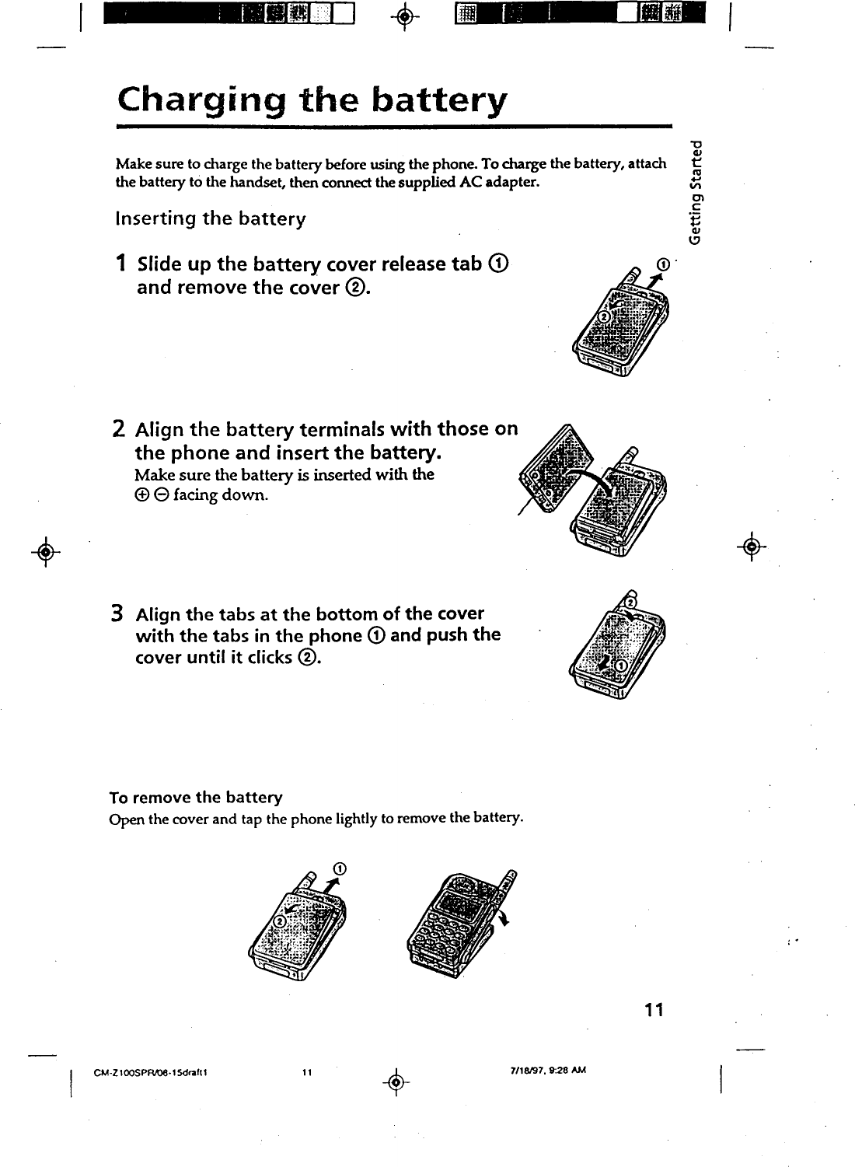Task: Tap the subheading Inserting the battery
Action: tap(210, 218)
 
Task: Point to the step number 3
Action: tap(120, 614)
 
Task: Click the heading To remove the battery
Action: tap(196, 798)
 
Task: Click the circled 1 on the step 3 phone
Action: tap(622, 667)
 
